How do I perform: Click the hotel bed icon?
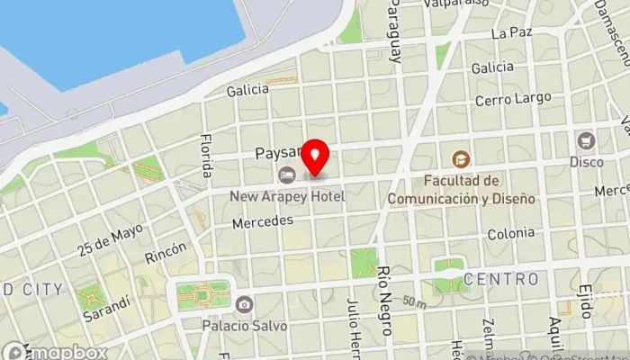point(287,174)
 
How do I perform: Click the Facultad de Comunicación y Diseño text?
point(461,189)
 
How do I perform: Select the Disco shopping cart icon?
point(587,140)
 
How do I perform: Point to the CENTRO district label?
point(502,280)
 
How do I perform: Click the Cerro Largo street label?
point(507,99)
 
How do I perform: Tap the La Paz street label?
point(512,33)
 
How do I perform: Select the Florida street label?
point(206,155)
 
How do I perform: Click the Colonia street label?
point(510,234)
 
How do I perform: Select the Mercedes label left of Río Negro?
point(263,220)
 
